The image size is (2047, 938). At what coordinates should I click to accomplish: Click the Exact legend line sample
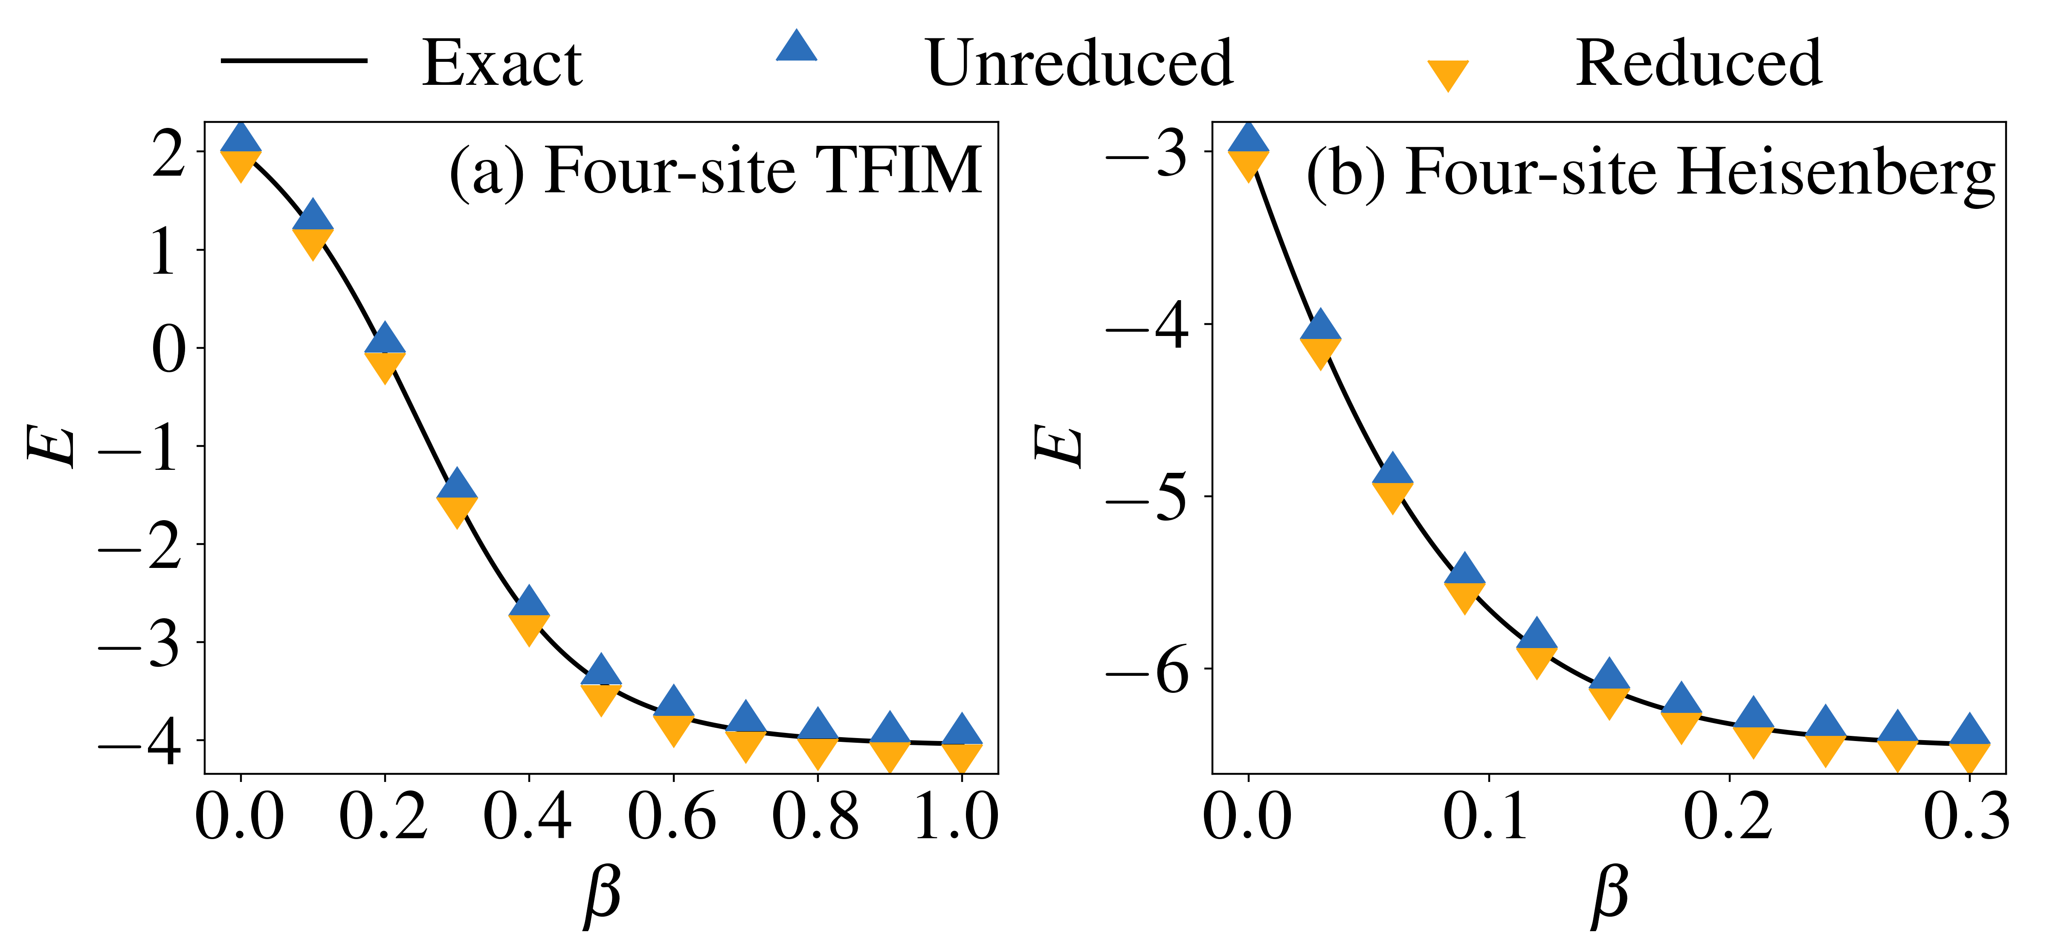point(293,61)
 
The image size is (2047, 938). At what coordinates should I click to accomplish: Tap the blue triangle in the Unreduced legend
point(796,48)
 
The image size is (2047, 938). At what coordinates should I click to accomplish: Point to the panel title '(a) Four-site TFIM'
point(715,171)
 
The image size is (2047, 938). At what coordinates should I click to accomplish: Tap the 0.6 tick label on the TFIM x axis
point(672,816)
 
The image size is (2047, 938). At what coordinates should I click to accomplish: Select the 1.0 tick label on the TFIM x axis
point(957,816)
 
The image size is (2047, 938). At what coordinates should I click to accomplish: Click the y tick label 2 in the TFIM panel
point(168,153)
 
